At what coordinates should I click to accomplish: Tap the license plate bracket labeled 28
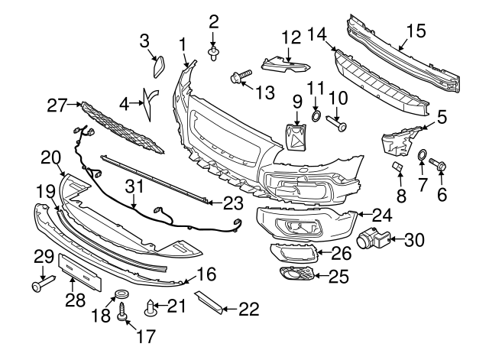80,271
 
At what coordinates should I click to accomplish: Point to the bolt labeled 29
38,286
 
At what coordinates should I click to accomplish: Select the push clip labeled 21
151,308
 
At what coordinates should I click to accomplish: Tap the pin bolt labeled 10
336,120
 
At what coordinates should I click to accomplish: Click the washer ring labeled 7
421,158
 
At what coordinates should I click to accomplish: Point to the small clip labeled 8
397,167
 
